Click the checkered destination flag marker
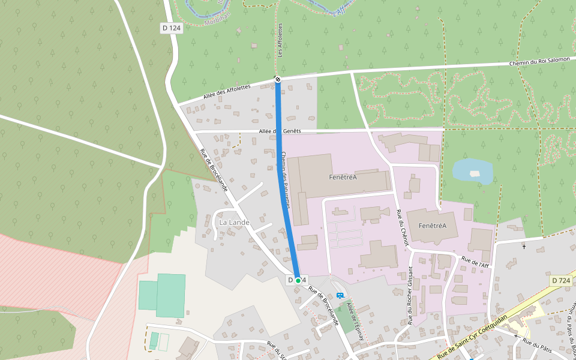point(277,79)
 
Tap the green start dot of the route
point(298,280)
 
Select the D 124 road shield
point(171,28)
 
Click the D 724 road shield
point(560,281)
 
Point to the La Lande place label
point(234,222)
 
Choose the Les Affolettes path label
point(280,41)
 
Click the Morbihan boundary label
point(217,21)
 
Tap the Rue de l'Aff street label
point(475,262)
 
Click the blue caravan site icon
point(340,295)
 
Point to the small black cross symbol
point(524,246)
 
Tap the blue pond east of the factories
point(472,171)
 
